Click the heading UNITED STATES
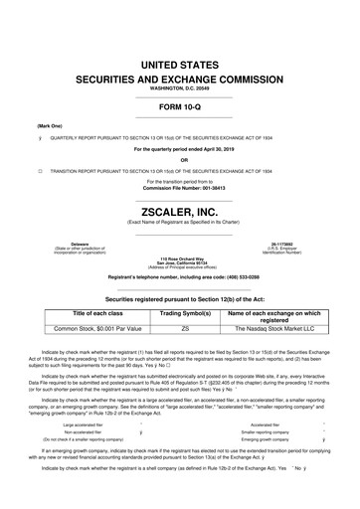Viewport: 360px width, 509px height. pyautogui.click(x=180, y=65)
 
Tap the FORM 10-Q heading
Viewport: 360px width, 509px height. pyautogui.click(x=180, y=107)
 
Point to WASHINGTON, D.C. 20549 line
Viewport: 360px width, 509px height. pyautogui.click(x=180, y=90)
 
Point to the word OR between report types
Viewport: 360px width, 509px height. pyautogui.click(x=180, y=160)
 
